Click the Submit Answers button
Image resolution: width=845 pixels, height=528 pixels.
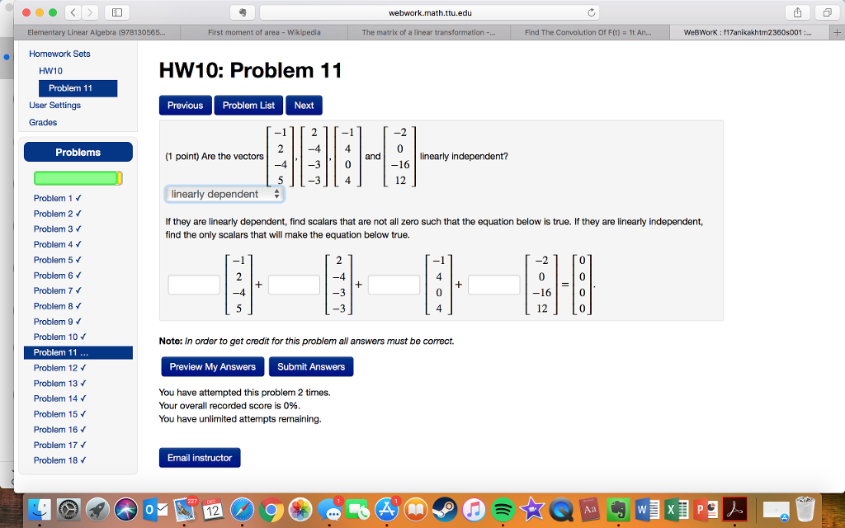click(x=311, y=366)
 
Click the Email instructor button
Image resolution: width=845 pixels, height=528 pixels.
click(x=200, y=458)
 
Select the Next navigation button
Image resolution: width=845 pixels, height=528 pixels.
click(x=304, y=106)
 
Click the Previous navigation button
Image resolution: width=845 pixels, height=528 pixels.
click(x=185, y=106)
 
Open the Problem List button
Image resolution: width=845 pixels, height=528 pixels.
click(x=248, y=106)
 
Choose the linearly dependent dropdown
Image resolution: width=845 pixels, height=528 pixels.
click(x=225, y=195)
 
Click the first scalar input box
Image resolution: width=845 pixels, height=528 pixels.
click(x=194, y=285)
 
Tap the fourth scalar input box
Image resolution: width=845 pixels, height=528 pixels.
click(x=494, y=285)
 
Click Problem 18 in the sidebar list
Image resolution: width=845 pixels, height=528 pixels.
click(x=57, y=460)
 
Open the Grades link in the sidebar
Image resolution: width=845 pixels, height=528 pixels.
click(x=43, y=122)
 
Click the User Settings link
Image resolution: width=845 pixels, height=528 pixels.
click(x=54, y=105)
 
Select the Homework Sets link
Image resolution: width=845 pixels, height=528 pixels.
click(x=59, y=54)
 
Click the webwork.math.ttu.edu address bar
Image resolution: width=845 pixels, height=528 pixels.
click(x=428, y=12)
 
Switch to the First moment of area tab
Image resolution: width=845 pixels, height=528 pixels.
click(x=264, y=33)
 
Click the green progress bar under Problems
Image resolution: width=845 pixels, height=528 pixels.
click(x=78, y=178)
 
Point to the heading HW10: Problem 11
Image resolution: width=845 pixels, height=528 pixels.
click(x=250, y=71)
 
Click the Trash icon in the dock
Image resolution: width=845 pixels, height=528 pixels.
click(x=805, y=510)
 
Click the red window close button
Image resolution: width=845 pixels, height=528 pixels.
click(x=26, y=13)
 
